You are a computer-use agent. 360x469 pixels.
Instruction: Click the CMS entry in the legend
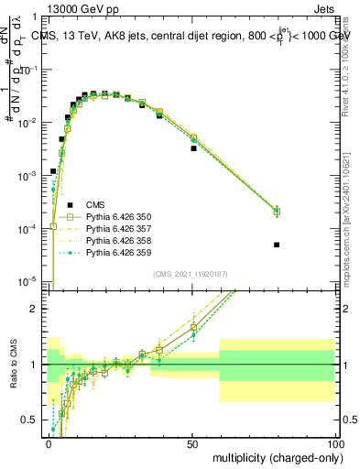coord(98,204)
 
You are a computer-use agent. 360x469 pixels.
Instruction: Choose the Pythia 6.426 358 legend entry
coord(115,240)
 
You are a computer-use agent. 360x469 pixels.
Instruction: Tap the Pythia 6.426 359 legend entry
coord(115,252)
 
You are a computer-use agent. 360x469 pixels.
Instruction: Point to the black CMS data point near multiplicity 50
coord(193,147)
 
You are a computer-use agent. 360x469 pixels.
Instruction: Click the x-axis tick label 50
coord(193,444)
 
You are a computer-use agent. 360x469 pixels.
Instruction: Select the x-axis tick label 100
coord(334,444)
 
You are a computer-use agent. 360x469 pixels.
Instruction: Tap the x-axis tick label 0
coord(49,444)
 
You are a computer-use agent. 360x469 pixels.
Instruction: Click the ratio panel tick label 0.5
coord(31,420)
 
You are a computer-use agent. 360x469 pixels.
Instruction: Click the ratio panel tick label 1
coord(34,365)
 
